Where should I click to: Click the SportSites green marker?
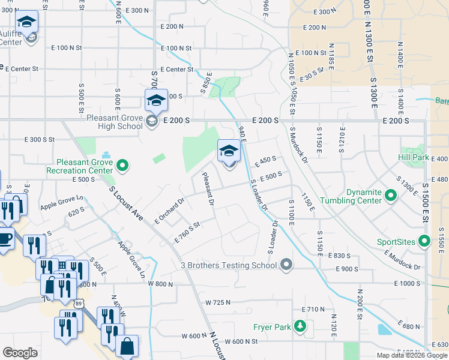(x=424, y=242)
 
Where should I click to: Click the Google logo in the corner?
(x=20, y=352)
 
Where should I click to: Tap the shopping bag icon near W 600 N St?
(x=127, y=346)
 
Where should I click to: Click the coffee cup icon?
(x=5, y=238)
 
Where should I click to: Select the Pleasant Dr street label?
(x=208, y=188)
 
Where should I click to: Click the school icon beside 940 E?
(x=229, y=152)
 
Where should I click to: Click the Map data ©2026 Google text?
(x=412, y=355)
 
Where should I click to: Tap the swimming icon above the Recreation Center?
(x=106, y=155)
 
